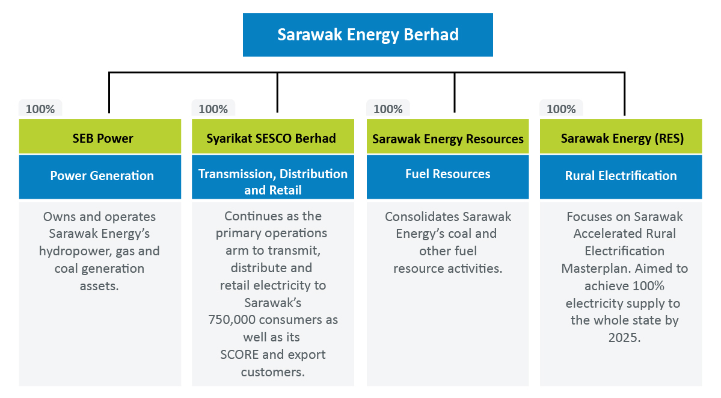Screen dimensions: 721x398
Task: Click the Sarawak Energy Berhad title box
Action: (368, 35)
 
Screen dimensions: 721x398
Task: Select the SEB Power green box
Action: (100, 136)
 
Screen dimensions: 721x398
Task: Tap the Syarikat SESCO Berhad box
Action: (272, 136)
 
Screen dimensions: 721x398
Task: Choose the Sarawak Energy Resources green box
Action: (447, 136)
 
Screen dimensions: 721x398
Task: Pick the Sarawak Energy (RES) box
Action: (621, 136)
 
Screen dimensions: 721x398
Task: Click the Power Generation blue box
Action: (100, 177)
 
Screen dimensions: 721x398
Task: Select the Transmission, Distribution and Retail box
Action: (272, 177)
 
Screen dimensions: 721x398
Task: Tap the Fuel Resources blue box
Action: (447, 177)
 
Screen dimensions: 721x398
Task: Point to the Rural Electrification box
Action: (621, 177)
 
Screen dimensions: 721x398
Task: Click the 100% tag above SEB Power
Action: (40, 109)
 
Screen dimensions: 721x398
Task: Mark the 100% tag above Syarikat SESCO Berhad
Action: (213, 109)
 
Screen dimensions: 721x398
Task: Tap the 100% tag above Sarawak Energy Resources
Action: (388, 109)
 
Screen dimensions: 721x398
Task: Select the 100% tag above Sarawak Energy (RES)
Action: (561, 109)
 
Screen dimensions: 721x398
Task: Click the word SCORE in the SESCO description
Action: (239, 355)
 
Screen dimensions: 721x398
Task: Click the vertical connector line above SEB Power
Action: (109, 93)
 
